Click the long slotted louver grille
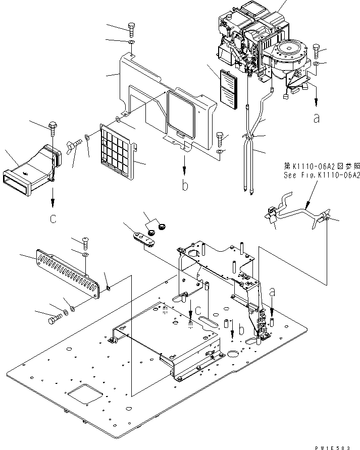coord(66,273)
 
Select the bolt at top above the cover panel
coord(131,28)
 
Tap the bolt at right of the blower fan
coord(316,50)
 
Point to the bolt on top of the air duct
coord(52,126)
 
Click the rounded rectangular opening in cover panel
coord(180,115)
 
